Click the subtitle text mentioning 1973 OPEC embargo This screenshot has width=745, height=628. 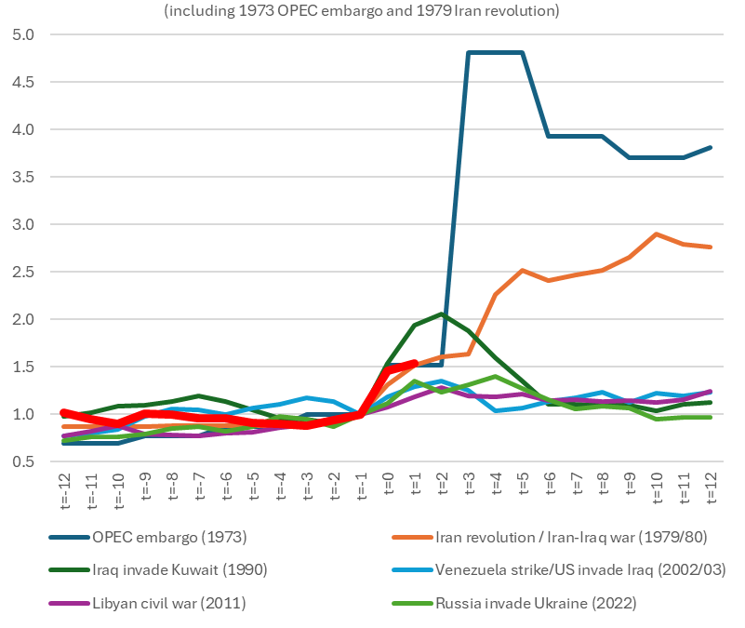(373, 11)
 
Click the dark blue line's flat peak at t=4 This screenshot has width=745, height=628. (496, 53)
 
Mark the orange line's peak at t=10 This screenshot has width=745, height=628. (658, 234)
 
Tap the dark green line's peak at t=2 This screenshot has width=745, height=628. (442, 314)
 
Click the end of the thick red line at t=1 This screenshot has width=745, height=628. (415, 363)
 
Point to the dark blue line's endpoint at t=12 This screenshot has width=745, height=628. (712, 148)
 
